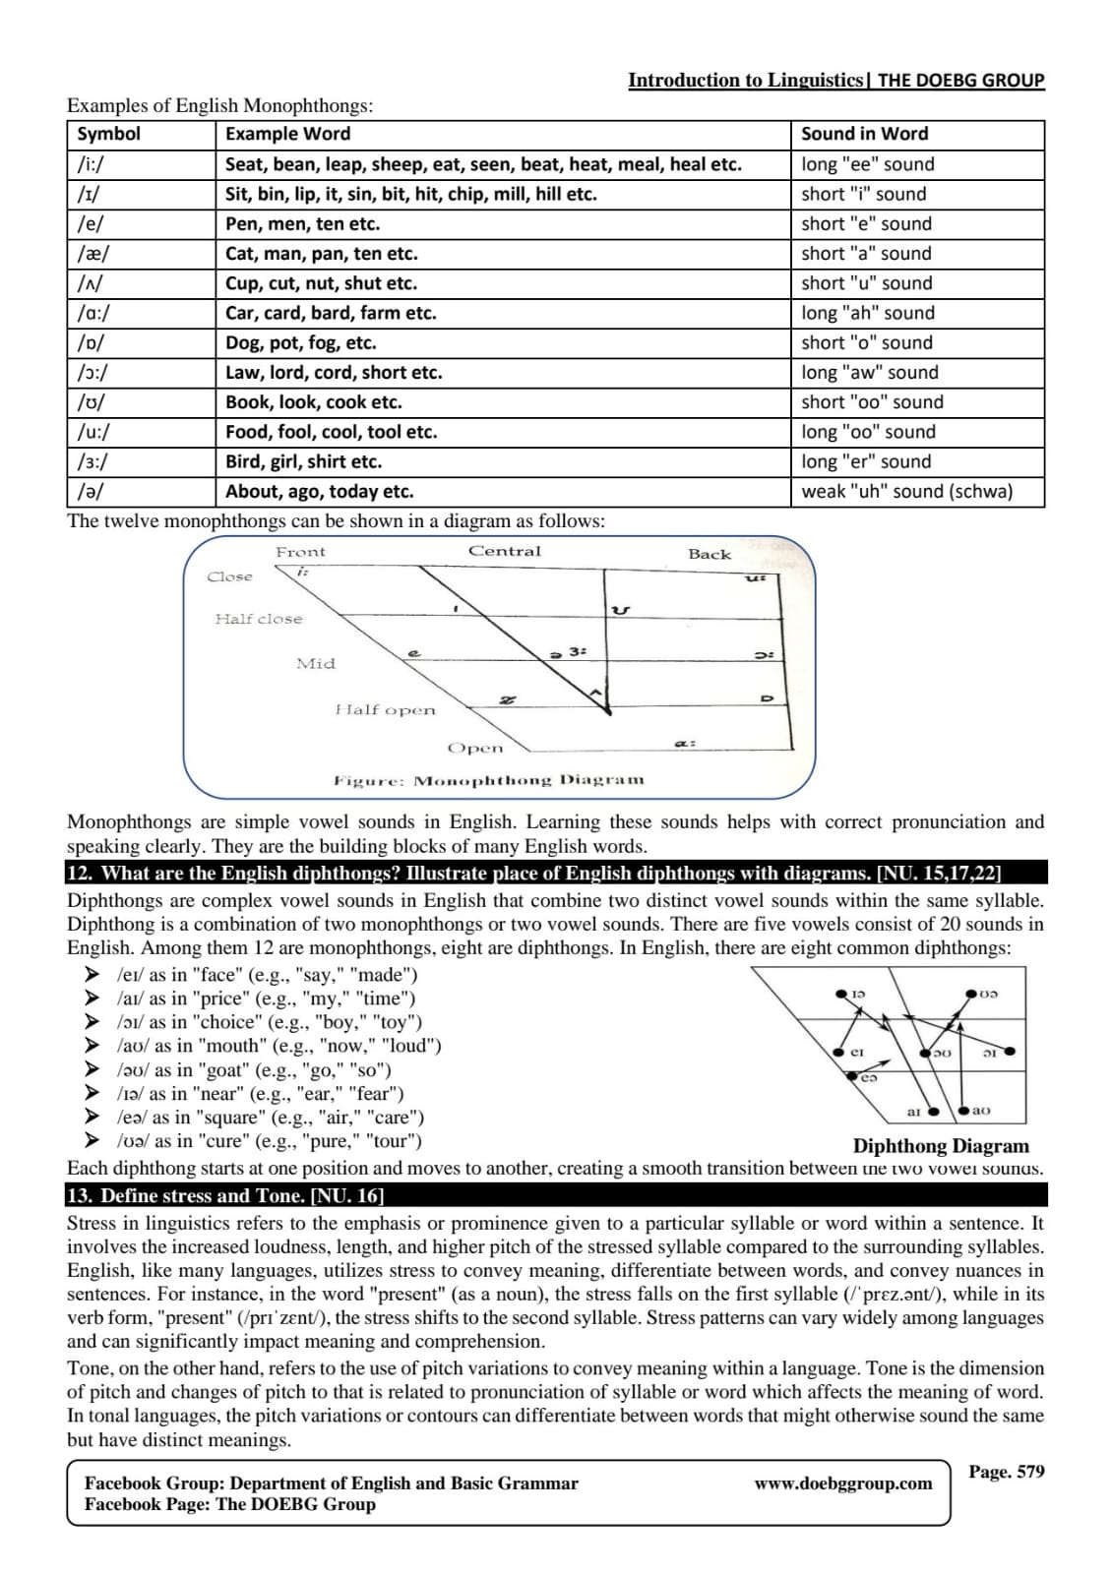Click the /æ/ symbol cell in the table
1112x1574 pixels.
[x=93, y=254]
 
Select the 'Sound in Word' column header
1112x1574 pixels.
[x=864, y=134]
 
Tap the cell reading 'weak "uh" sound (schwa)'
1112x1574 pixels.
[x=906, y=492]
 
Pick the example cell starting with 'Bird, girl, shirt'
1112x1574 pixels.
[x=303, y=462]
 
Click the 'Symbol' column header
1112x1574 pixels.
[x=108, y=134]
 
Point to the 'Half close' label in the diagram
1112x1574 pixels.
[x=259, y=619]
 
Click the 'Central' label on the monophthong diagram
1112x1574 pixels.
[x=504, y=551]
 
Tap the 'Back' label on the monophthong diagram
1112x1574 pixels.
[x=710, y=554]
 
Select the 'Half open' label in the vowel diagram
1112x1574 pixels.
[x=385, y=709]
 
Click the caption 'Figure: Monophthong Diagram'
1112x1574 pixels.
[x=489, y=780]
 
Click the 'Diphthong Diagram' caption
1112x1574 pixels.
[x=941, y=1146]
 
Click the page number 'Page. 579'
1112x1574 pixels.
[x=1006, y=1472]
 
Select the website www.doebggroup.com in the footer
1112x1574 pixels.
[x=843, y=1483]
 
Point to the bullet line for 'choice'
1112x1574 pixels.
[x=269, y=1022]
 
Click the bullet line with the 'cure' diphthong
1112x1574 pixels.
[x=269, y=1141]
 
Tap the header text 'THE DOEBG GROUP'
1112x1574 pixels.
[x=960, y=81]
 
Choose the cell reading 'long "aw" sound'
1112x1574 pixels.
[x=870, y=373]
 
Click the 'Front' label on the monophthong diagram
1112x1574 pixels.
[x=300, y=552]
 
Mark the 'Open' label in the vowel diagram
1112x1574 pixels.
[x=475, y=748]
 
